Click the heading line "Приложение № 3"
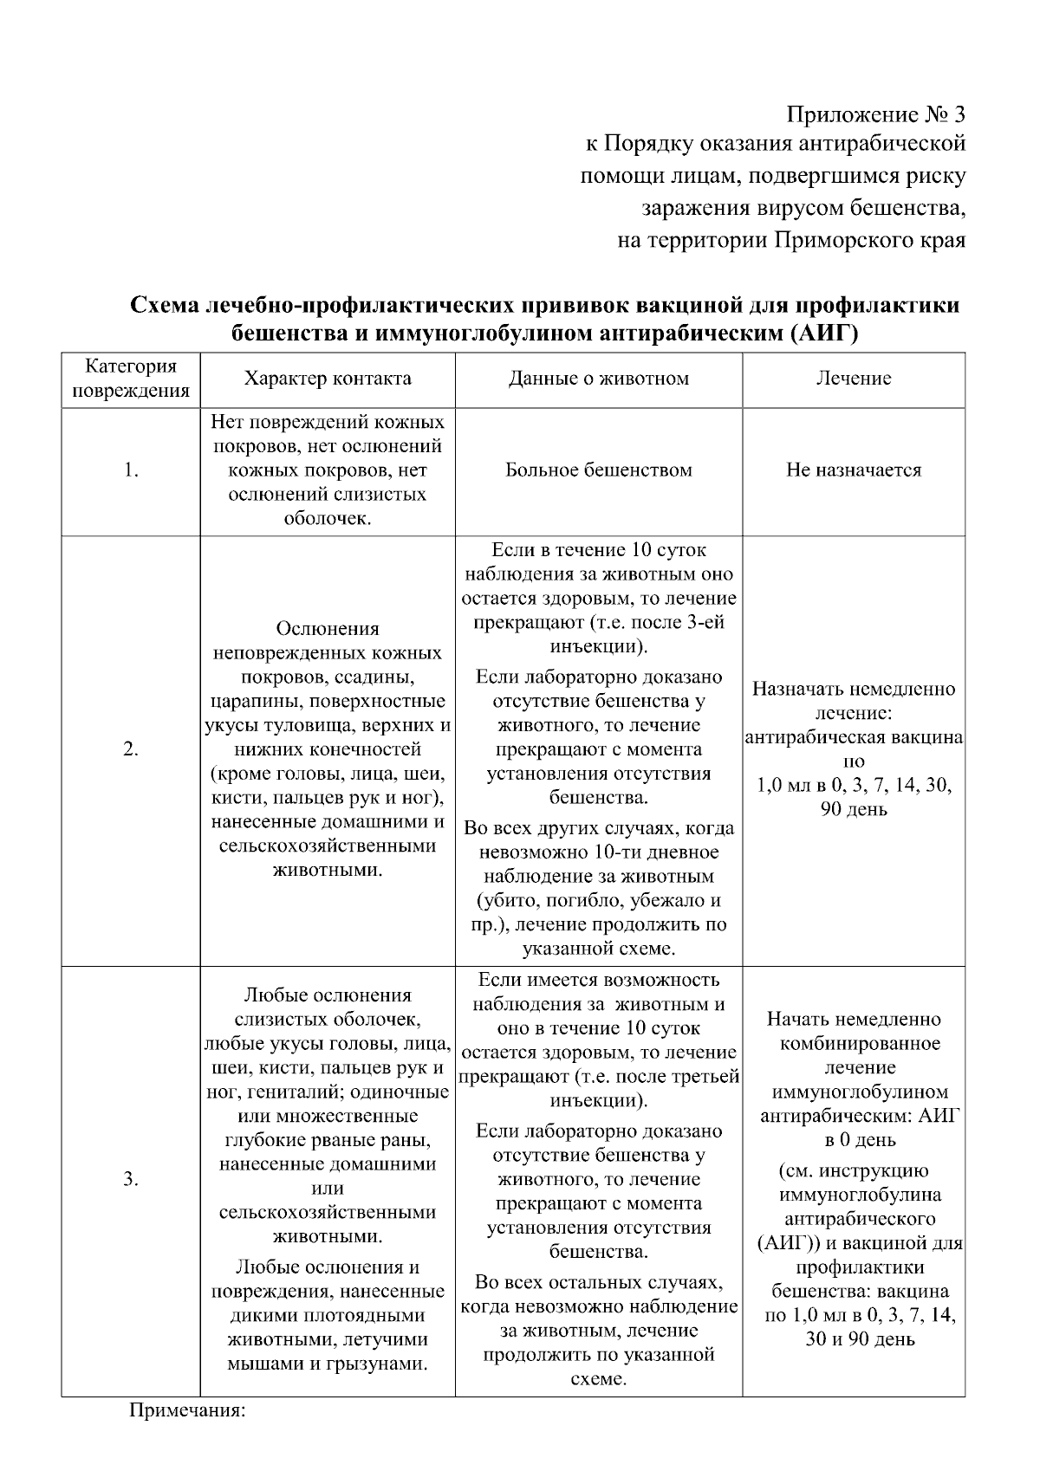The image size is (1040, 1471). click(874, 115)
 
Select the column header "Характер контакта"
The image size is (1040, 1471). click(327, 379)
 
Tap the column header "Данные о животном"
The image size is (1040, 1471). click(598, 379)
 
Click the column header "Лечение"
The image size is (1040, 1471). click(853, 379)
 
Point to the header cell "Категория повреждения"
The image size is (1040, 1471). click(130, 379)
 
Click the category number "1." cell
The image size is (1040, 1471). click(130, 470)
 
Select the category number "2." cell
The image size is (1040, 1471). click(130, 750)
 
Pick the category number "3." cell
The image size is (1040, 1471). click(130, 1180)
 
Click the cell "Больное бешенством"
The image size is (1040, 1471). click(598, 470)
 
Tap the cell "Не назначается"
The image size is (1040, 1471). click(853, 470)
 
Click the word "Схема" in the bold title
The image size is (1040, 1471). click(166, 307)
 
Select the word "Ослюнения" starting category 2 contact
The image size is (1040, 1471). click(327, 629)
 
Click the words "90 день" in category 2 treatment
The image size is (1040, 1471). click(853, 811)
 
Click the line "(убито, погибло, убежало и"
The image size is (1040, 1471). click(598, 901)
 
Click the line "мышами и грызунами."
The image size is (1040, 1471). click(327, 1364)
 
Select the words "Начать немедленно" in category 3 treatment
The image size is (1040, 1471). click(853, 1020)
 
